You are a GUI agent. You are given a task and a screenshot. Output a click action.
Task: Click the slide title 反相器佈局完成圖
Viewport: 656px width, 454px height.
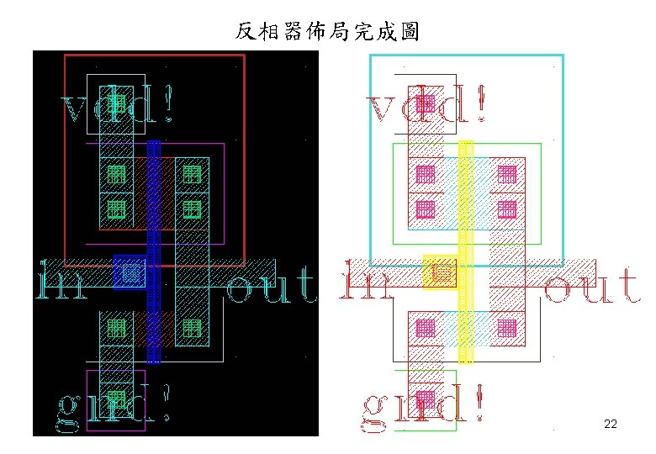(327, 32)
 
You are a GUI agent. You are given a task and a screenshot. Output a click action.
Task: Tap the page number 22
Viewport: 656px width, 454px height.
(611, 424)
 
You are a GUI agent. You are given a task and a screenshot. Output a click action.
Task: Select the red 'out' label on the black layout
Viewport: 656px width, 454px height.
(271, 286)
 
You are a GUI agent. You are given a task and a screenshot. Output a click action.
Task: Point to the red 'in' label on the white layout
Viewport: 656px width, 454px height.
(367, 283)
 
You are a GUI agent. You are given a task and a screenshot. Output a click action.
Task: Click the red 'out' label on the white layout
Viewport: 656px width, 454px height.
(592, 286)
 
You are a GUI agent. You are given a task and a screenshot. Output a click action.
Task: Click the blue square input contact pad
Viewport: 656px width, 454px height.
(130, 272)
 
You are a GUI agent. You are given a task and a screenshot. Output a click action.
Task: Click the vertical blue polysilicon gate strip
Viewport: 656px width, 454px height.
(154, 252)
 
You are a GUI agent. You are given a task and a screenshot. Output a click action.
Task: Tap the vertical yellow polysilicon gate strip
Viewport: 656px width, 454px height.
(465, 252)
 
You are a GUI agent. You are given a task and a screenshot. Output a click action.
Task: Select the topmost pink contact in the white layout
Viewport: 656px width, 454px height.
(426, 103)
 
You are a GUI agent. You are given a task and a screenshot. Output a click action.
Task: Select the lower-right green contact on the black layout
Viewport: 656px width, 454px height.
(192, 327)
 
